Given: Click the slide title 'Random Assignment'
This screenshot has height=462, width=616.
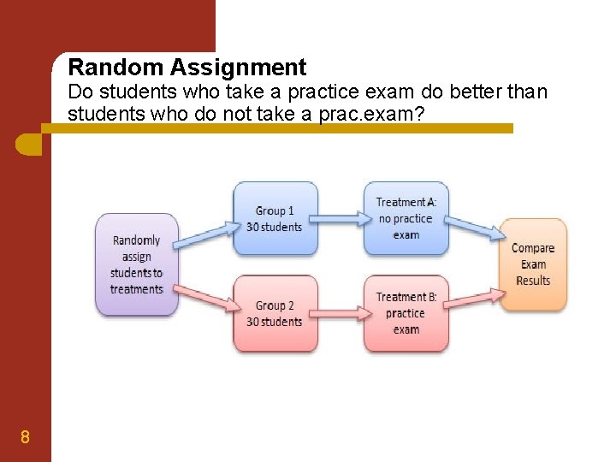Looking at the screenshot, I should (x=187, y=67).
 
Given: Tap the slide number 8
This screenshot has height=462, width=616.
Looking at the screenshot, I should (x=25, y=438).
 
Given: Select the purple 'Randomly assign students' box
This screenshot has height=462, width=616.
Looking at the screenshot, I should (x=137, y=264).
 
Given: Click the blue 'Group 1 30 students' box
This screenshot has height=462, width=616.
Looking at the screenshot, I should (x=275, y=218).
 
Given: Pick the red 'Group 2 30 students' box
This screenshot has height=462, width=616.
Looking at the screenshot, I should (x=275, y=313).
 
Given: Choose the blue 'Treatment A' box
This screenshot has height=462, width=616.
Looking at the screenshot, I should (x=406, y=218).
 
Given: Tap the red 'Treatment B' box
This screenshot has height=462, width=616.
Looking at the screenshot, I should (x=406, y=313).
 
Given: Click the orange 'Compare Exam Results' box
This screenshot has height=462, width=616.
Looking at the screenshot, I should (x=533, y=264).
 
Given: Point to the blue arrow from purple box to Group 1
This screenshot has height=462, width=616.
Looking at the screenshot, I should (x=205, y=235).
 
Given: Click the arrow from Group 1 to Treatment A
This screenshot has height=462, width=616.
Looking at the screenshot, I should (x=340, y=219).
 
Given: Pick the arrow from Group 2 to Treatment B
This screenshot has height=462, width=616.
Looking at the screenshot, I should (x=340, y=314).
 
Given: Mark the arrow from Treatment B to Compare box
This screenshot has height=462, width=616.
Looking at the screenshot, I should (x=473, y=299).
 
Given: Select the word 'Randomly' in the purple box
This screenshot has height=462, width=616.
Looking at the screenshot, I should (x=137, y=240).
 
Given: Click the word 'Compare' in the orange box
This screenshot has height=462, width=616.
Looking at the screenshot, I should (x=533, y=248).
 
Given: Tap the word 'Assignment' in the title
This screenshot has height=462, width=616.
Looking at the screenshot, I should (x=242, y=67).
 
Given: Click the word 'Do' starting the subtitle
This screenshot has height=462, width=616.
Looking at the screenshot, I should (x=80, y=92).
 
